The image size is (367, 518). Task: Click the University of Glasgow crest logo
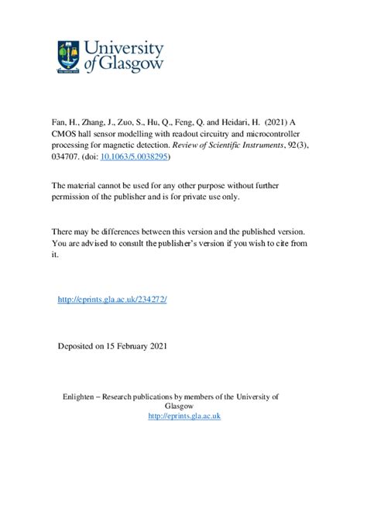tap(67, 56)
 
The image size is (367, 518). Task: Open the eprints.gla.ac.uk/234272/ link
tap(112, 297)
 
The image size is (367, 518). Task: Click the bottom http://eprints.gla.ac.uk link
tap(184, 416)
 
